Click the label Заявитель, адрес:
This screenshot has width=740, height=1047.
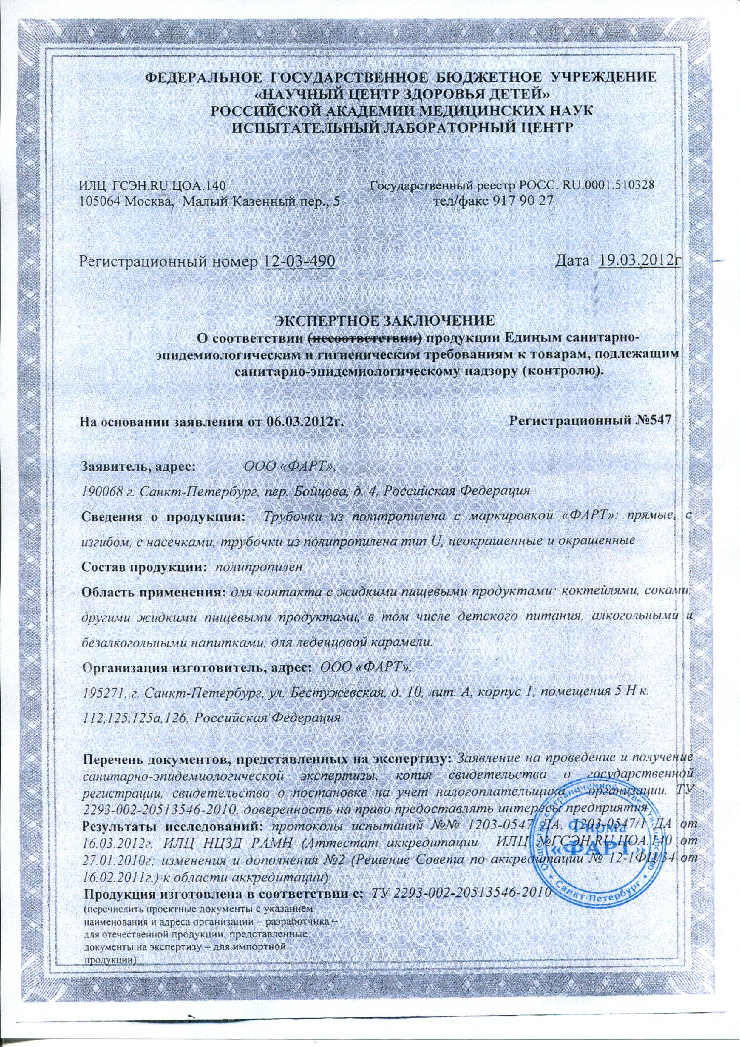click(x=138, y=466)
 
